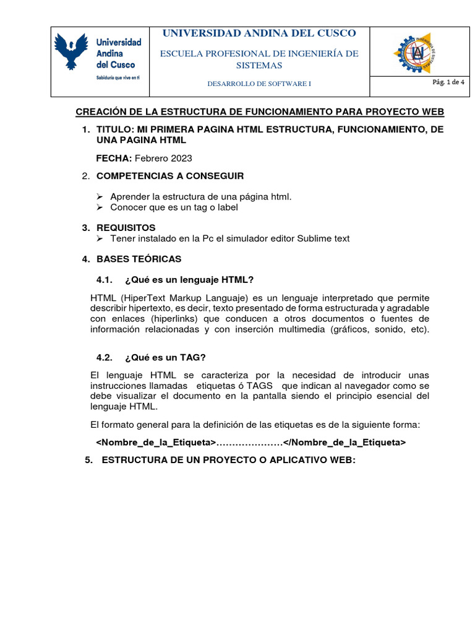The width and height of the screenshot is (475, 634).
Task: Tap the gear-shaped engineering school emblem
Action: coord(417,54)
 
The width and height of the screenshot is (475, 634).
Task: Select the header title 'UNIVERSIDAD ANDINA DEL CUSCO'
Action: coord(259,33)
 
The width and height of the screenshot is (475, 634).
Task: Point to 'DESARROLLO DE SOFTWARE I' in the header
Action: coord(259,84)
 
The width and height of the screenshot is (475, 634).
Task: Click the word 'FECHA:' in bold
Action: coord(114,158)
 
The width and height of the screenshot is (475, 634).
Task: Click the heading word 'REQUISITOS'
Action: coord(126,227)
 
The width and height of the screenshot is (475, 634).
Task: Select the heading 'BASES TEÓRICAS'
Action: coord(139,259)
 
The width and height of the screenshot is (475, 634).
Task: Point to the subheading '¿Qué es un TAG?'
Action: coord(165,357)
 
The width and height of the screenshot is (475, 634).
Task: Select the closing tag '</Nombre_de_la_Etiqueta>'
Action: coord(344,442)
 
